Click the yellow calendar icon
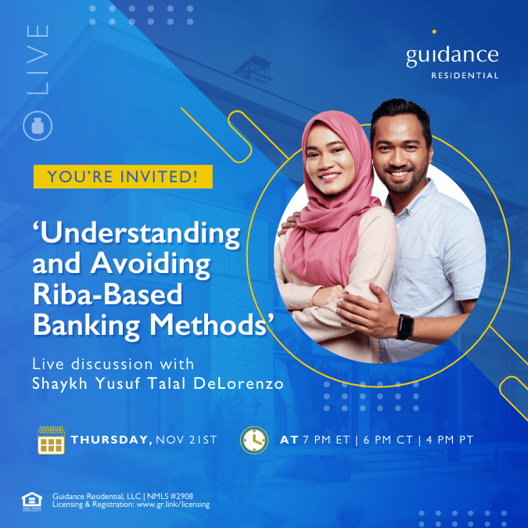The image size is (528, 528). pos(51,440)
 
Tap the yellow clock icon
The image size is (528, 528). pos(254,440)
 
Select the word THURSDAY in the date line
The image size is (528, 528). pos(109,440)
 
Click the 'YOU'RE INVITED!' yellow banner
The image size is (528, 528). pos(123,177)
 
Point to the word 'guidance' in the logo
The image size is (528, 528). pos(452,56)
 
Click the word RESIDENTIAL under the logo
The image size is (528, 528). pos(465,75)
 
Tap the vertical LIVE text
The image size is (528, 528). pos(38,59)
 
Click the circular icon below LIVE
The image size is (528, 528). pos(38,126)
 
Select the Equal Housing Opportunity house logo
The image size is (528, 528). pos(32,501)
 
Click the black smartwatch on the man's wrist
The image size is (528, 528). pos(405,327)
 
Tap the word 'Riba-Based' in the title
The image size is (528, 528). pos(107,294)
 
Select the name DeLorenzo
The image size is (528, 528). pos(239,383)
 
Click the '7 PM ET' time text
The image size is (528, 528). pos(326,440)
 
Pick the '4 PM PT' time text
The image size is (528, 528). pos(450,440)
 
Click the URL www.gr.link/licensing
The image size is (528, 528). pos(173,505)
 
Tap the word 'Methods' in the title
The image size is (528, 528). pos(209,325)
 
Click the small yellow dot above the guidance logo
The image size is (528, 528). pos(434,31)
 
